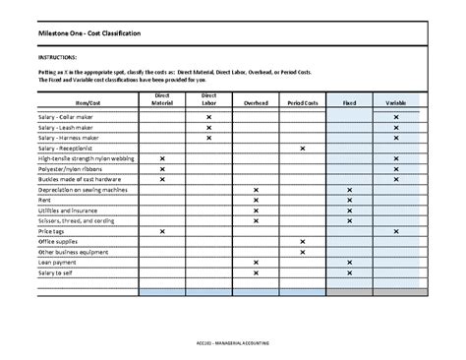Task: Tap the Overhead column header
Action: click(x=256, y=101)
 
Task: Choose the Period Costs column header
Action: click(x=302, y=101)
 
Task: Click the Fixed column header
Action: click(x=349, y=101)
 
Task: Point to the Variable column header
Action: click(x=396, y=101)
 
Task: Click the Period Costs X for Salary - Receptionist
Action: click(x=302, y=149)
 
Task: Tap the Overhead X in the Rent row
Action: click(x=256, y=201)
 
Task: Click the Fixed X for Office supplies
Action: click(x=349, y=242)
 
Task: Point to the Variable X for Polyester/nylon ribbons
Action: click(x=396, y=169)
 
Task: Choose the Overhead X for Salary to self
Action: click(x=256, y=273)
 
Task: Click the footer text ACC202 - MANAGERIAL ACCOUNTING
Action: click(x=233, y=341)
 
